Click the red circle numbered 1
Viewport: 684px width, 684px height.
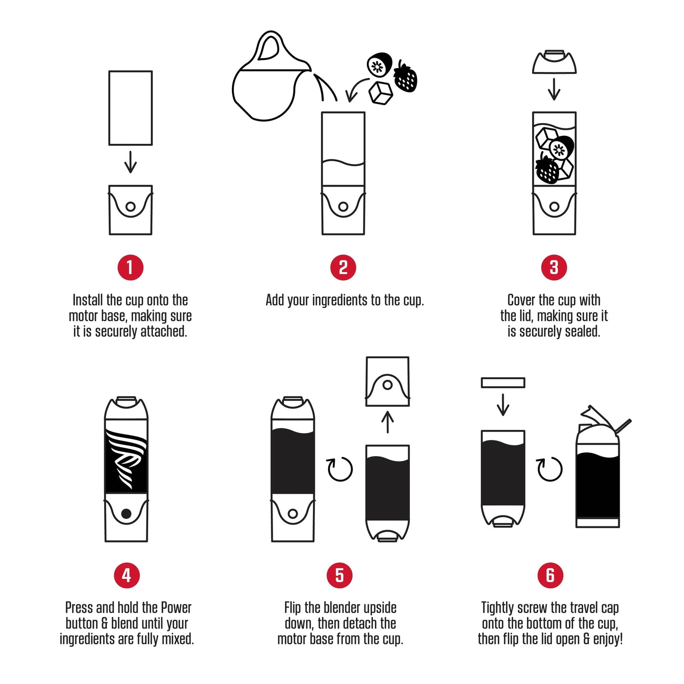click(130, 267)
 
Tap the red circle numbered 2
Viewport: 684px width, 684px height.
click(343, 267)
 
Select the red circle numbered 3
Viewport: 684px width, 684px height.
click(554, 267)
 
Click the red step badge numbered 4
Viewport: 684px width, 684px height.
click(126, 575)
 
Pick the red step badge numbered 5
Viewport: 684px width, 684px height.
click(339, 575)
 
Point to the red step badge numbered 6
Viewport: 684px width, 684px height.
click(550, 575)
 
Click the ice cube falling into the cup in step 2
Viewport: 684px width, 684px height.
click(381, 93)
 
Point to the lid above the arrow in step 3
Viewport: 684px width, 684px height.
click(554, 62)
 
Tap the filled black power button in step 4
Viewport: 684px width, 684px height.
click(126, 514)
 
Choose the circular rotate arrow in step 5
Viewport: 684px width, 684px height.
click(340, 469)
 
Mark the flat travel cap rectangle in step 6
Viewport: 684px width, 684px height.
click(503, 382)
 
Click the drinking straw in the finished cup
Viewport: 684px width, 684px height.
click(623, 425)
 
